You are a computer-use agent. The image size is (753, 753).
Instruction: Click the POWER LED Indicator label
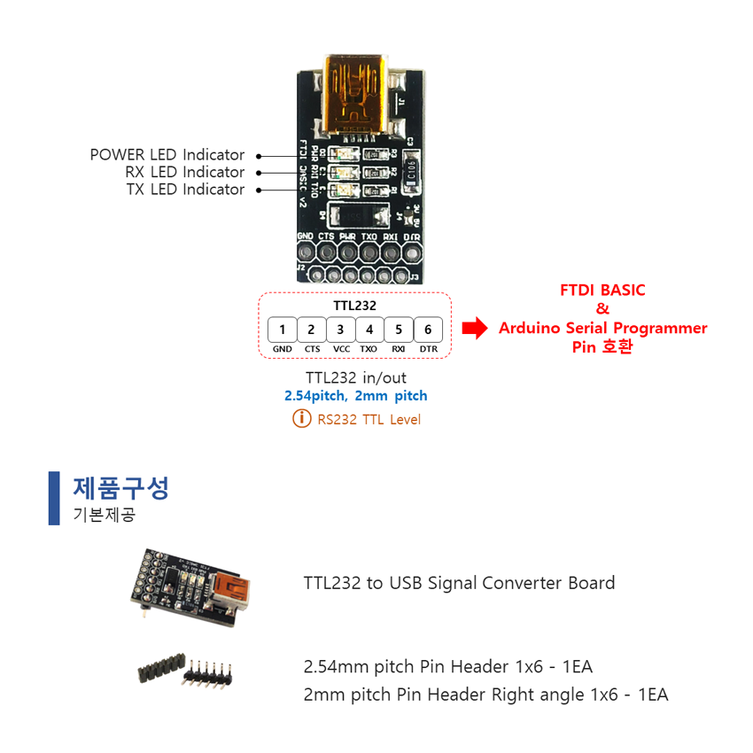(x=167, y=155)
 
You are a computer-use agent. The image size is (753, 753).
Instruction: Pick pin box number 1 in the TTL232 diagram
(x=282, y=330)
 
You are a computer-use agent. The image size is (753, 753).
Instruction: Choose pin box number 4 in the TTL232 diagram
(x=369, y=330)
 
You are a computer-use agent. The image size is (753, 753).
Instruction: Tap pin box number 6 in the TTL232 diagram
(x=428, y=330)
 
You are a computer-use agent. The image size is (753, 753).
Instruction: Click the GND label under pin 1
(x=283, y=349)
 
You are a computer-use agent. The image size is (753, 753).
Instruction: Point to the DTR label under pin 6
(x=428, y=349)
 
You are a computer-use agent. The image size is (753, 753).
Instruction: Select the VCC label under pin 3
(x=341, y=349)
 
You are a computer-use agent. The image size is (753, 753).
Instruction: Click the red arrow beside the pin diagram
(x=476, y=329)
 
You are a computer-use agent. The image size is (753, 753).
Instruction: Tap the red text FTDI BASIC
(x=602, y=290)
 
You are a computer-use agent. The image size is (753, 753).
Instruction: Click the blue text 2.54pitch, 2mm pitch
(x=354, y=396)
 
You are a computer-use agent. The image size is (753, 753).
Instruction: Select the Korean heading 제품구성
(x=120, y=487)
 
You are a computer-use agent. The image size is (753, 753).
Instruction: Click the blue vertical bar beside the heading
(x=54, y=498)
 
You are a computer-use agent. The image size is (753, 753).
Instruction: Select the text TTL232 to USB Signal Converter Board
(x=459, y=583)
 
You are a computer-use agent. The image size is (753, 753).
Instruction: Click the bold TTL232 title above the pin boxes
(x=354, y=306)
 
